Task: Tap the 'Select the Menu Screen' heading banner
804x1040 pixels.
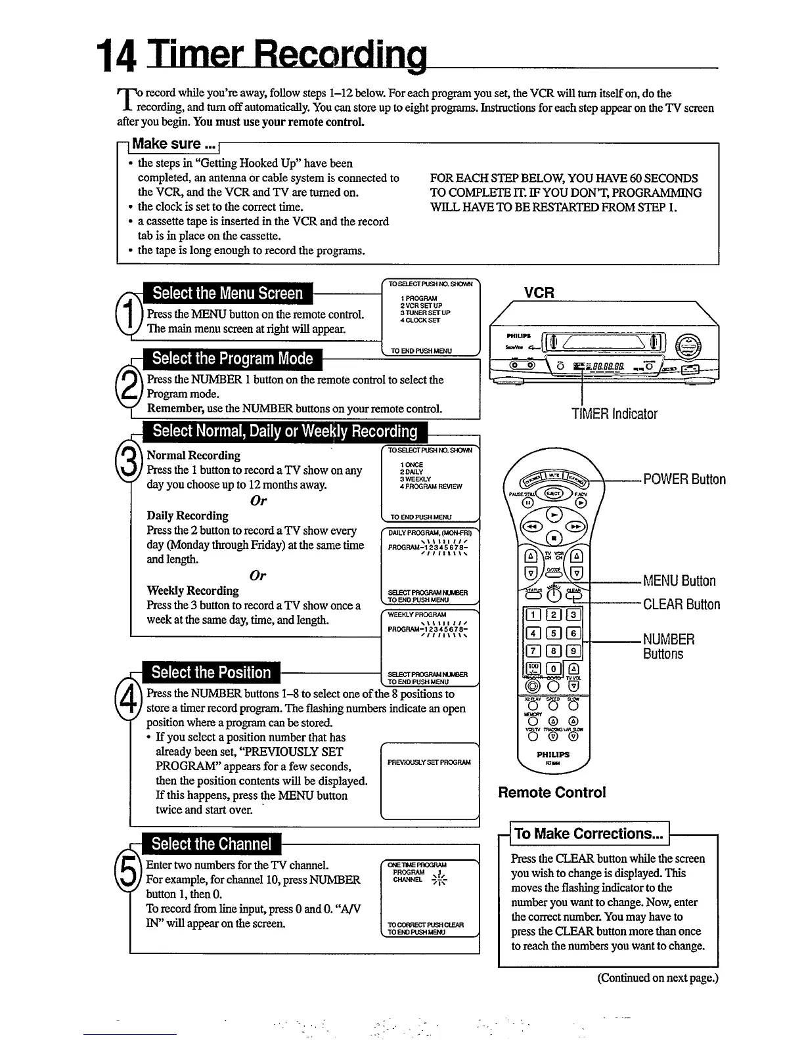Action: point(228,293)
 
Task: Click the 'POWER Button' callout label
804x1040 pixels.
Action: point(684,479)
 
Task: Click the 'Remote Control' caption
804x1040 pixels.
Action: point(552,792)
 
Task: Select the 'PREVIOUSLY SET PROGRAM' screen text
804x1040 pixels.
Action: point(429,762)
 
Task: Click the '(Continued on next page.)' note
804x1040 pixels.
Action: point(658,978)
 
